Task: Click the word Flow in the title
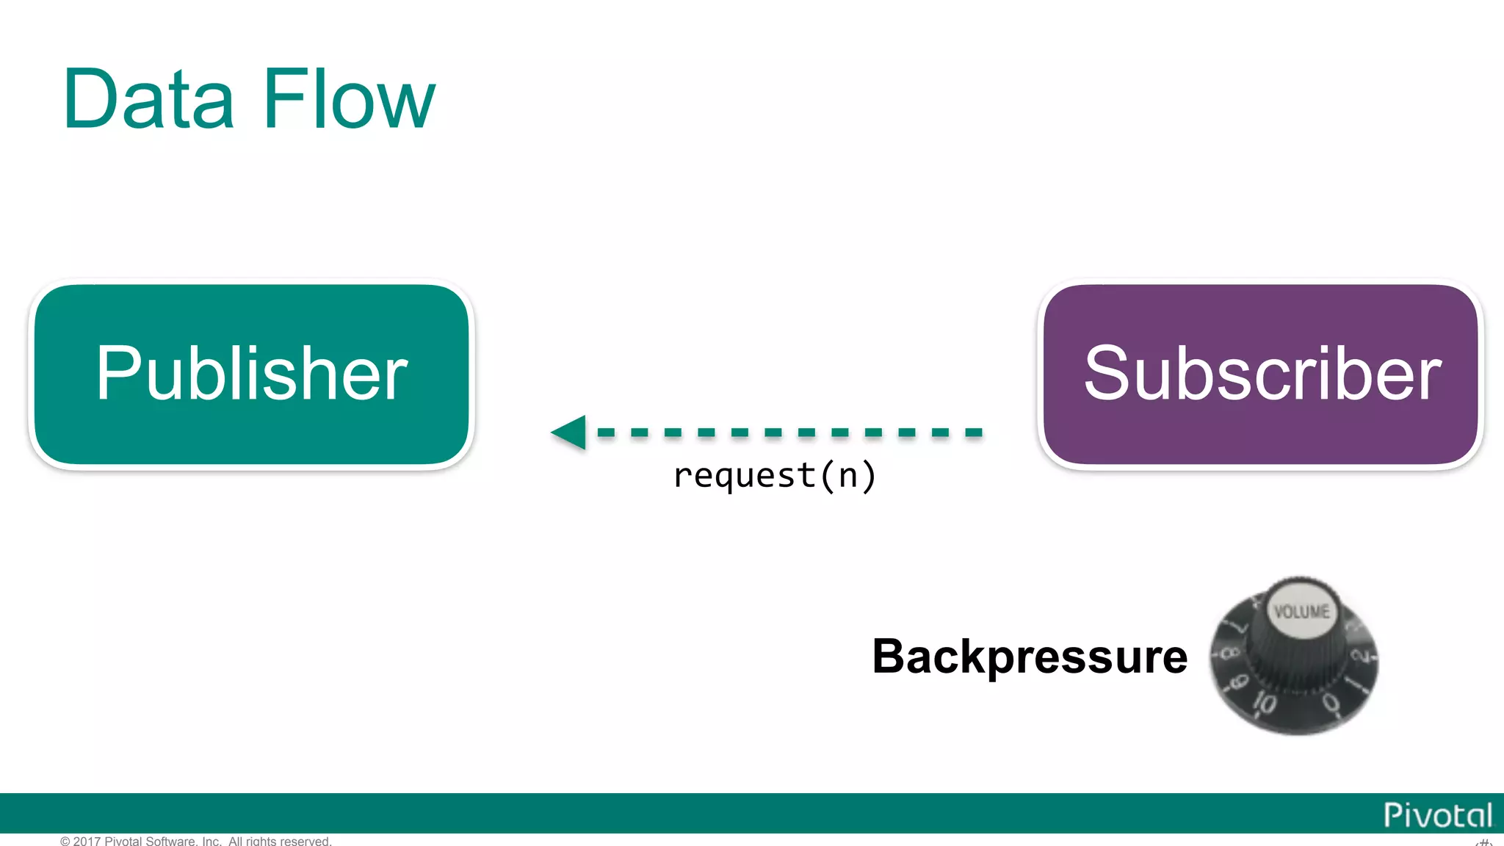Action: [x=349, y=99]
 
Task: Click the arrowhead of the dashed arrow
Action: [x=570, y=432]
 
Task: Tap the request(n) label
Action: [x=775, y=475]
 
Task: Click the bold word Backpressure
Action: [x=1030, y=656]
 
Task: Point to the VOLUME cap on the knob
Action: [x=1301, y=611]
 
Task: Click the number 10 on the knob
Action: [x=1265, y=702]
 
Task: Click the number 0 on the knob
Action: [x=1331, y=703]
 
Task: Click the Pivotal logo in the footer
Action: [x=1437, y=815]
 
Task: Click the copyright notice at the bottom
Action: [x=196, y=841]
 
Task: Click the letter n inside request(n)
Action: [x=848, y=476]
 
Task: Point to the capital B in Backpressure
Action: [x=889, y=656]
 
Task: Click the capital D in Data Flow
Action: [x=88, y=99]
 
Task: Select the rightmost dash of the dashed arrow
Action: [x=974, y=433]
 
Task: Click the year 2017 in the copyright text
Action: [x=87, y=841]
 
